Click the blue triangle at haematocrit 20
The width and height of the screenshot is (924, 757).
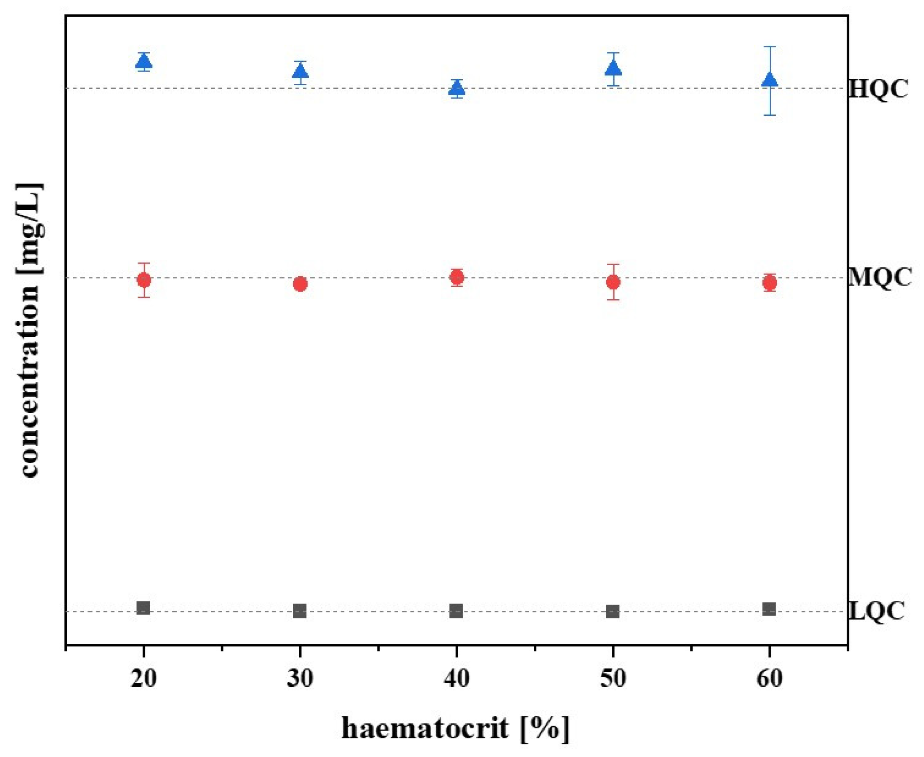point(144,62)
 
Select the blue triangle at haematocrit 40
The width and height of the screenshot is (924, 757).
point(456,89)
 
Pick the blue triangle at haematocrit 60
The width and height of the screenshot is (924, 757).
point(769,80)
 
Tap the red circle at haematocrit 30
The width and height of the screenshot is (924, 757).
point(300,284)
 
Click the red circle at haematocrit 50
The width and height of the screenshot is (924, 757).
point(612,282)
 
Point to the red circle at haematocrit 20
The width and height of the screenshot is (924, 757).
point(144,280)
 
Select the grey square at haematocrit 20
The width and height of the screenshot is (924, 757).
point(143,608)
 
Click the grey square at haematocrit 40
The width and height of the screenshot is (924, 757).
point(456,611)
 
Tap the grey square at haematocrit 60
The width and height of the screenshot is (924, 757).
point(769,609)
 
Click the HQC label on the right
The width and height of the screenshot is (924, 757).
point(878,90)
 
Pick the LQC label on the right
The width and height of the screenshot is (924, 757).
point(877,612)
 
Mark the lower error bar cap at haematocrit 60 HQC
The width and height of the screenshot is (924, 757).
point(770,115)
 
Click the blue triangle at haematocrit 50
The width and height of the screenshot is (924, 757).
point(613,68)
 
